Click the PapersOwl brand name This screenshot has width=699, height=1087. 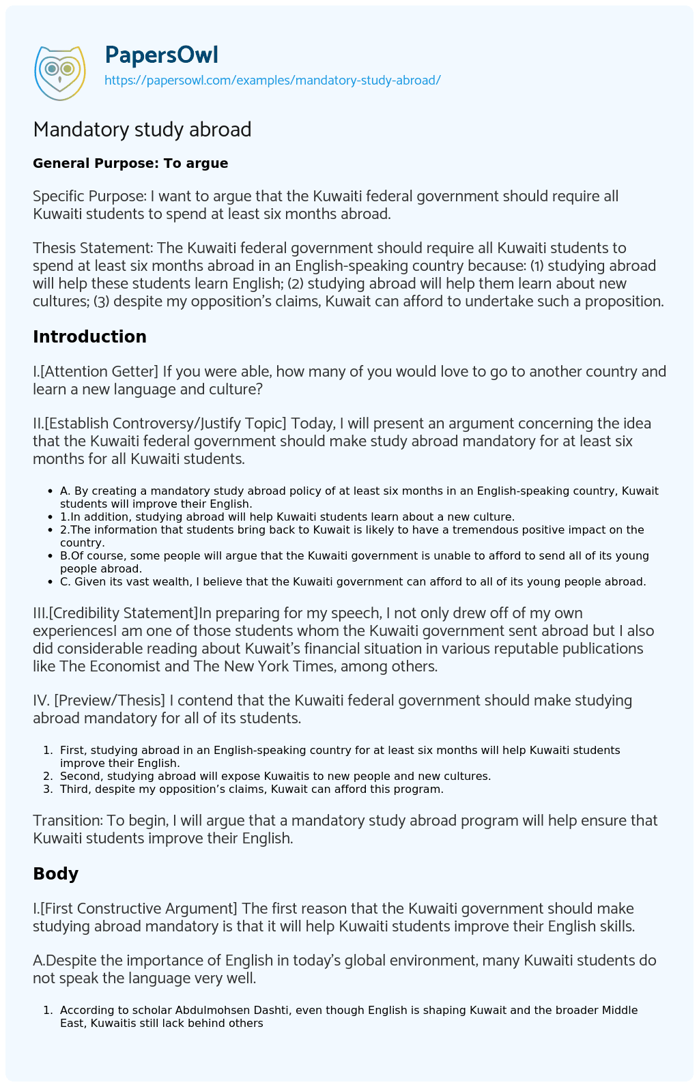click(161, 55)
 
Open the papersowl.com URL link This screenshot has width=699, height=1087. click(272, 81)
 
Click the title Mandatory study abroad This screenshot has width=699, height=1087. click(142, 129)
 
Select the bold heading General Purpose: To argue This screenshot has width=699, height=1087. click(130, 163)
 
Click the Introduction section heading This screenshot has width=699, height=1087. click(89, 336)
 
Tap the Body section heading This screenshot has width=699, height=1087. click(55, 873)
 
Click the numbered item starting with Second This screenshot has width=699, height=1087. click(275, 776)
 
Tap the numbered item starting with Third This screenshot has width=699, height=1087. click(251, 789)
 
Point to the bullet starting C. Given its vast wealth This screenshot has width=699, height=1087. click(352, 581)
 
